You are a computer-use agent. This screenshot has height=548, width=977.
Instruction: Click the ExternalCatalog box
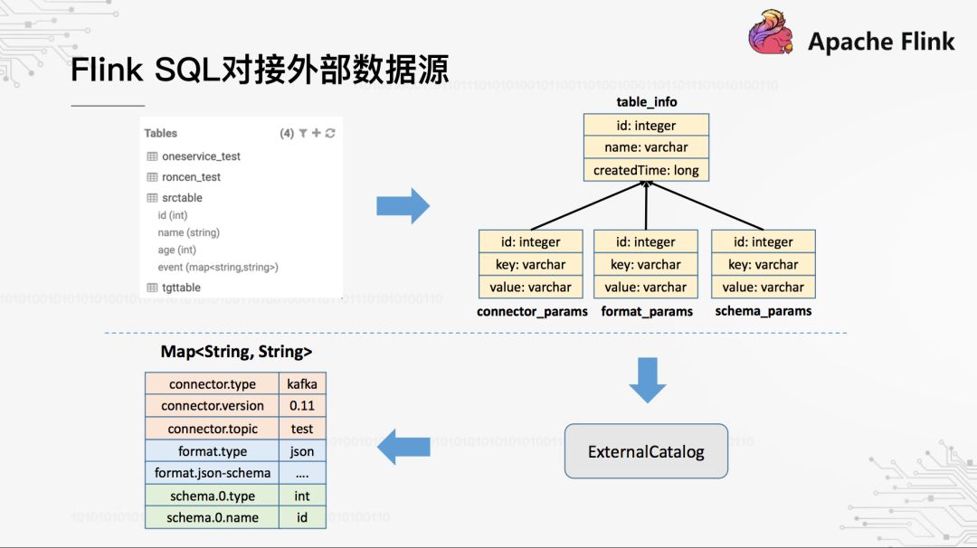coord(646,451)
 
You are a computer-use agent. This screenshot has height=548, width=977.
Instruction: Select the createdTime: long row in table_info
coord(646,170)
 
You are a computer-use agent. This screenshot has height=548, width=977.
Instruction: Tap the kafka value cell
coord(302,384)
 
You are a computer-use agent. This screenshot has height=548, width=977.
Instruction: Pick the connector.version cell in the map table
coord(213,406)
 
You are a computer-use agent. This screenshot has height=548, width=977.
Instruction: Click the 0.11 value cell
coord(302,406)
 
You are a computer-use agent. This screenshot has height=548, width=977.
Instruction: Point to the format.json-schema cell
coord(213,473)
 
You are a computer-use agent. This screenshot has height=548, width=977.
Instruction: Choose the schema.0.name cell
coord(213,518)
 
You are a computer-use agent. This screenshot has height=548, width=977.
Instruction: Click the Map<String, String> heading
coord(236,352)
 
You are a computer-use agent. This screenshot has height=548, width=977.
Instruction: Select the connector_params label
coord(532,311)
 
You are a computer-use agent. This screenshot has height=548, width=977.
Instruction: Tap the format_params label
coord(646,311)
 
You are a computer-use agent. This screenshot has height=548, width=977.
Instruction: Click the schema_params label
coord(764,311)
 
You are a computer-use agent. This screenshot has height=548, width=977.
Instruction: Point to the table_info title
coord(646,102)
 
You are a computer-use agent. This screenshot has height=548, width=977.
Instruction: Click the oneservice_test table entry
coord(201,156)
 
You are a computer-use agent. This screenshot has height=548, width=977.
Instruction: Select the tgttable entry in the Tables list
coord(181,288)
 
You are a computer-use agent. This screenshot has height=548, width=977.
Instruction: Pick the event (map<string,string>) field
coord(218,268)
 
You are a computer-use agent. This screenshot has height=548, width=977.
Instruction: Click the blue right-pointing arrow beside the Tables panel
coord(403,205)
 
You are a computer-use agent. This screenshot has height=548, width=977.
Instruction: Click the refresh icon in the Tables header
coord(330,134)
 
